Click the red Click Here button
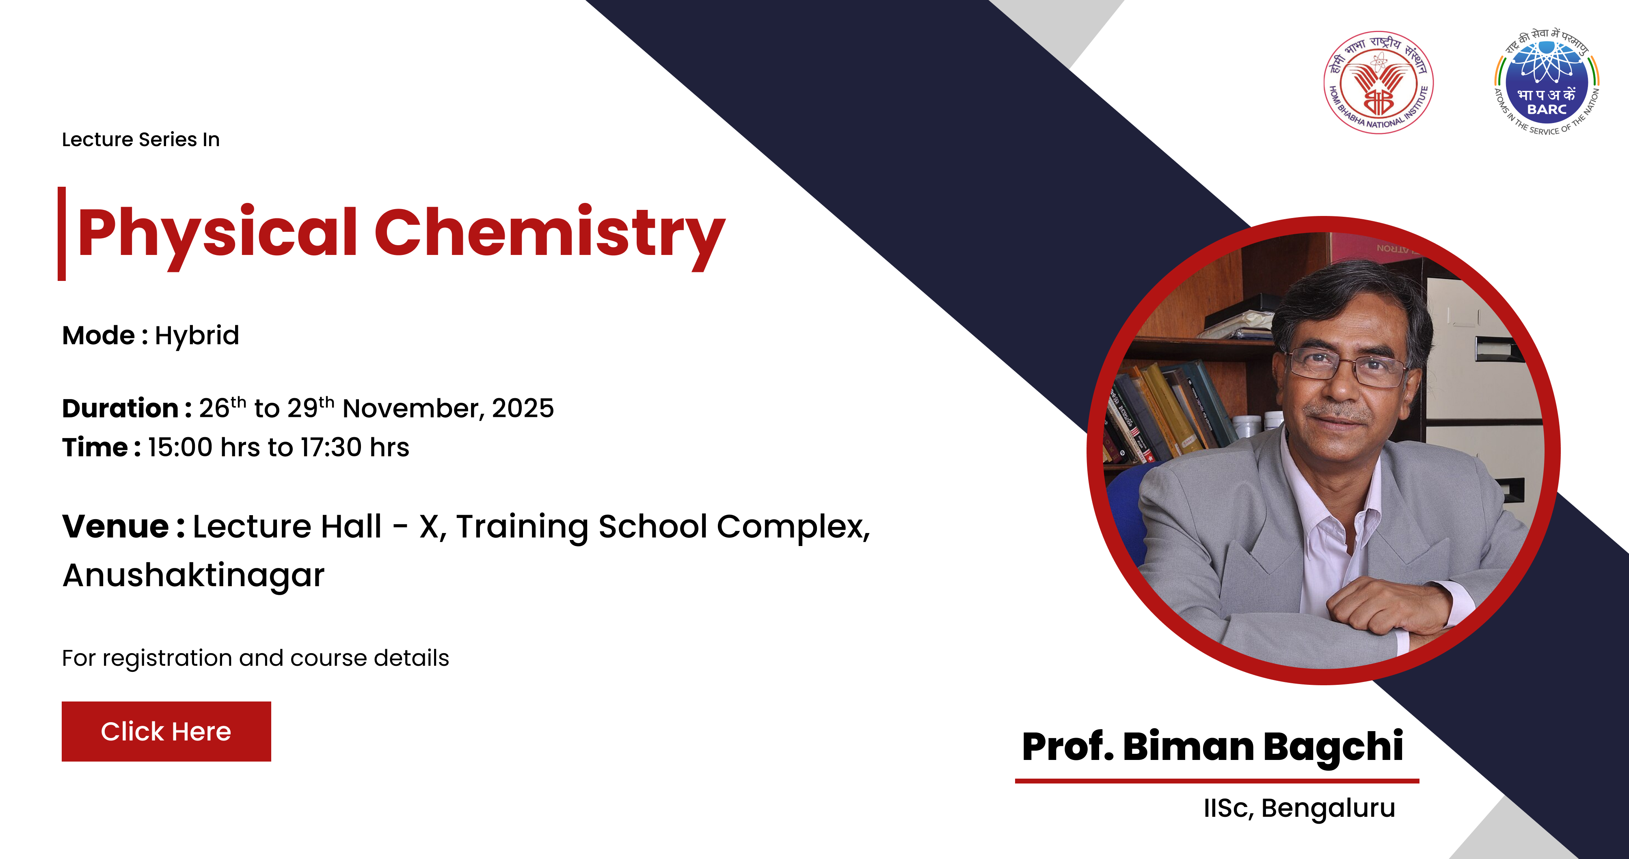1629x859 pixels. click(x=166, y=731)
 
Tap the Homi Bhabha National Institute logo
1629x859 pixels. click(x=1378, y=82)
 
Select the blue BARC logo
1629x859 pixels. click(x=1547, y=82)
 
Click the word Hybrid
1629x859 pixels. click(x=197, y=336)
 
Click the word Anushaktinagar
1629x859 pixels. click(x=194, y=575)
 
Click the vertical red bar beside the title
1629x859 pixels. click(x=62, y=234)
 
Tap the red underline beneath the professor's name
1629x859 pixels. click(x=1217, y=781)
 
